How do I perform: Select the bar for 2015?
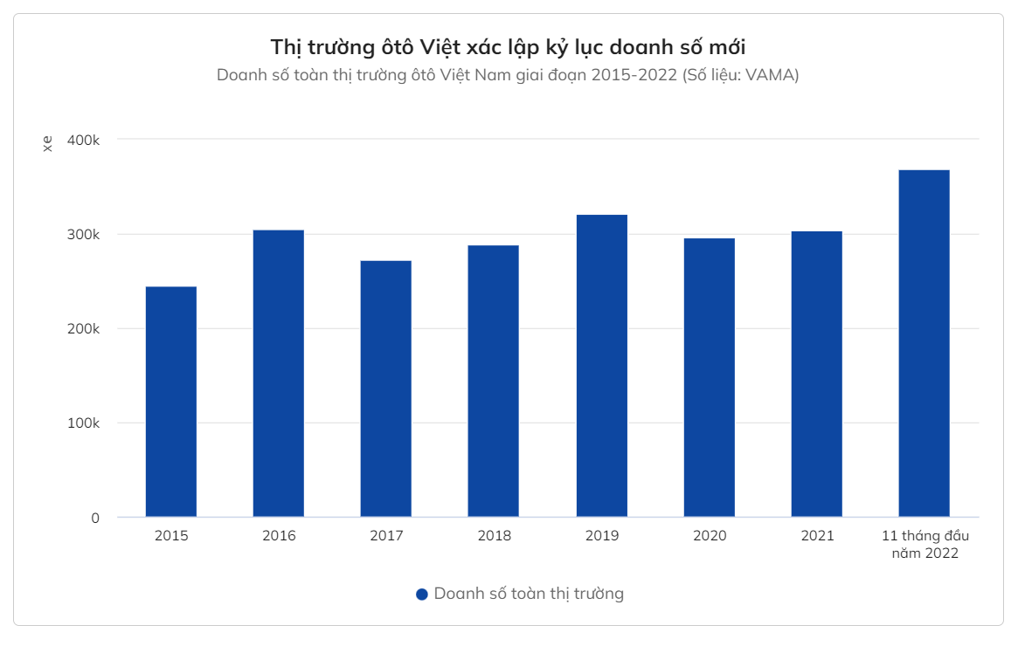tap(171, 402)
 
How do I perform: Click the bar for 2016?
tap(279, 374)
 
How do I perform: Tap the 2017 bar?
tap(386, 388)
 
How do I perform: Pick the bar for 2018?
tap(494, 381)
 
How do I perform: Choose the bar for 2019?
tap(602, 366)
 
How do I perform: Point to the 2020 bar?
tap(710, 378)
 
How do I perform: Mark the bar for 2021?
tap(817, 375)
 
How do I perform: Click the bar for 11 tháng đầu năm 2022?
tap(925, 343)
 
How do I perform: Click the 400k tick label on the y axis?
tap(84, 140)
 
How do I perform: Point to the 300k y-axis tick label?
tap(84, 235)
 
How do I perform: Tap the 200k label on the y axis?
tap(84, 329)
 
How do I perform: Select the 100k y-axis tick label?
tap(84, 423)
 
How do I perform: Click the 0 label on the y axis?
tap(95, 518)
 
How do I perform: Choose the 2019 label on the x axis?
tap(602, 536)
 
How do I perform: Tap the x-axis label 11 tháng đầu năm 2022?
tap(925, 545)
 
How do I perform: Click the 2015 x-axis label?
tap(171, 536)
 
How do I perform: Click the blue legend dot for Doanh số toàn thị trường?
tap(422, 594)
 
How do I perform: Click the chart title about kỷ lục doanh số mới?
tap(508, 46)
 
